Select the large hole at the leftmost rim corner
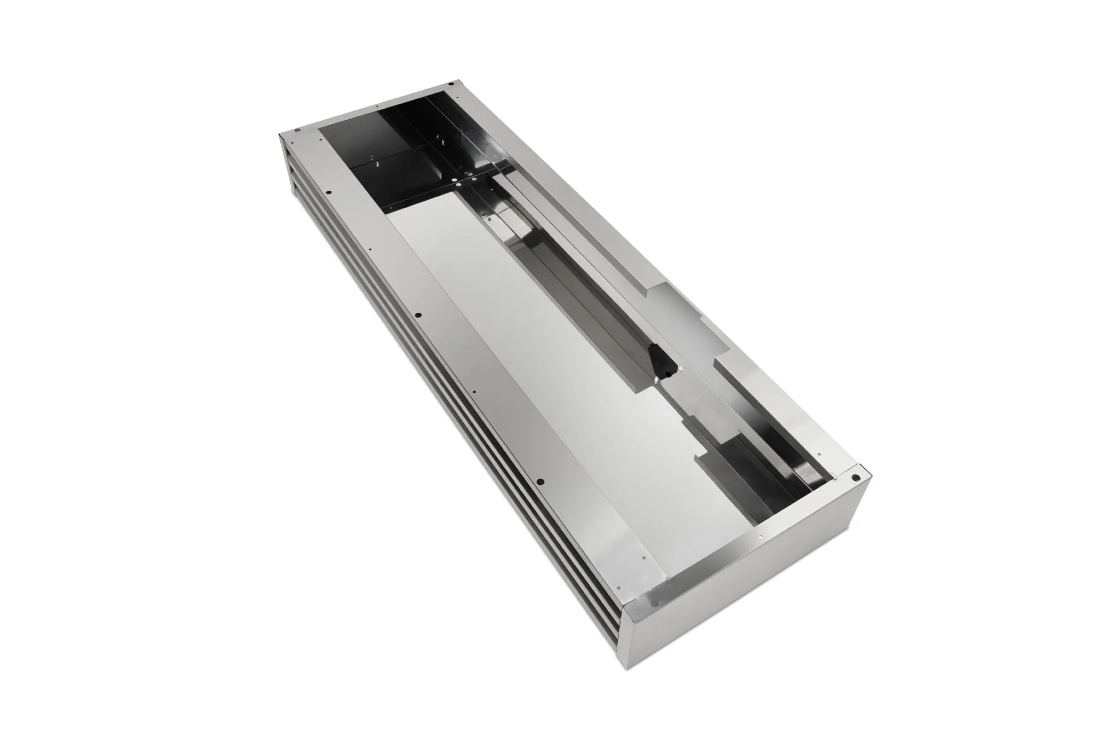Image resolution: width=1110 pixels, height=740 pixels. (297, 130)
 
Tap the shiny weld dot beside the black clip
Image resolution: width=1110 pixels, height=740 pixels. (657, 381)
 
